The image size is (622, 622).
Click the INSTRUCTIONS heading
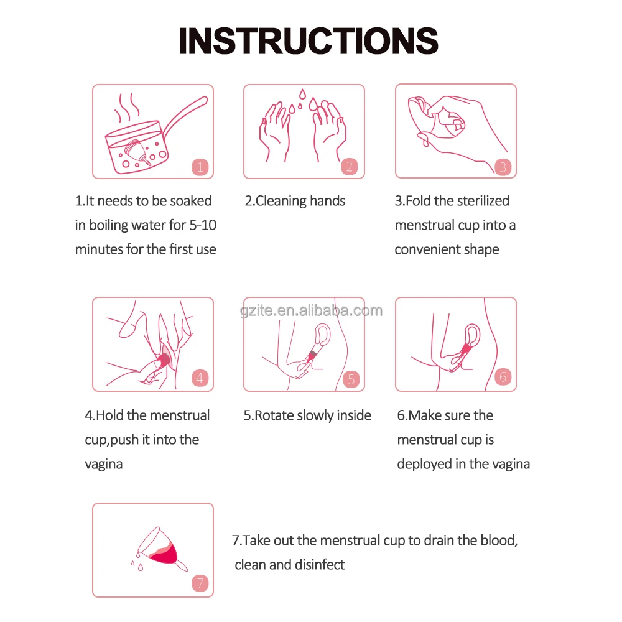309,41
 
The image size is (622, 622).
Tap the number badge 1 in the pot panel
200,167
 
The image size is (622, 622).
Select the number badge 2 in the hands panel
350,166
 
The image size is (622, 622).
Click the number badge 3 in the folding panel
503,167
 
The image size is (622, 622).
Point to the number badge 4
200,378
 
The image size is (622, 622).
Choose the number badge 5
351,379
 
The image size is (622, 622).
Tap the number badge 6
503,377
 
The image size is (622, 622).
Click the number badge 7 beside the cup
200,583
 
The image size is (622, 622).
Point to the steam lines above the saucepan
127,108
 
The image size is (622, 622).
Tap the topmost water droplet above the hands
303,94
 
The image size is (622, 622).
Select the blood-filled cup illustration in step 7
160,549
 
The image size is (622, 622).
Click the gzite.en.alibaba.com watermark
312,310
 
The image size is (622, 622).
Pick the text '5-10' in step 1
203,225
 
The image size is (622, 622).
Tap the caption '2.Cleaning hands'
295,201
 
